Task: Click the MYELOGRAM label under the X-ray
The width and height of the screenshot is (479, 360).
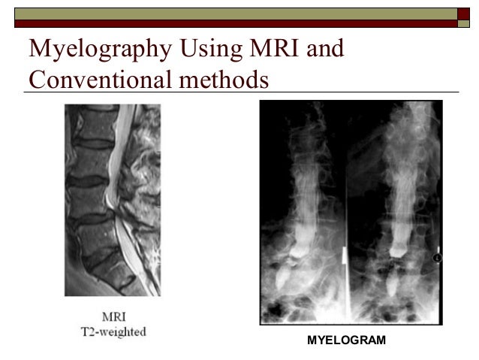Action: point(346,341)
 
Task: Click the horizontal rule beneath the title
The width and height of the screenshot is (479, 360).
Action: point(240,92)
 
